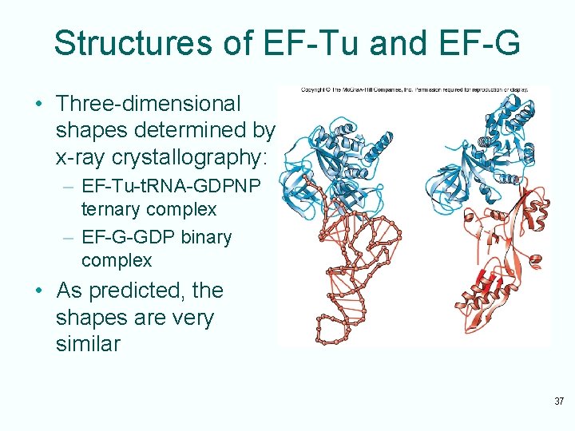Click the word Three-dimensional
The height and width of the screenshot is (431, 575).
click(148, 104)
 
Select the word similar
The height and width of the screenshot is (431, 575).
click(89, 345)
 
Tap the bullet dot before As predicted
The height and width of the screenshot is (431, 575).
click(38, 291)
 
